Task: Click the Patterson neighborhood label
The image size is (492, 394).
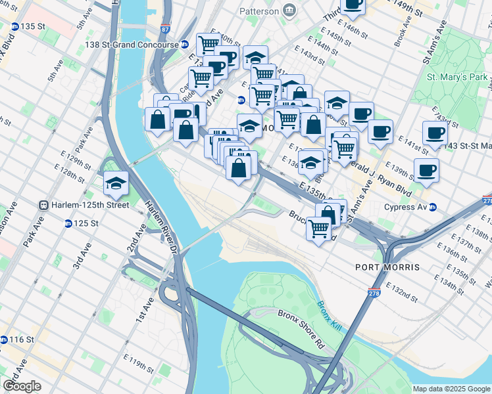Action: [x=259, y=11]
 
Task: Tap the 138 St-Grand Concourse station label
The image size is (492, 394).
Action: [x=136, y=45]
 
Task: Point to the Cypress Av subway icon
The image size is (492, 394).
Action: [x=433, y=208]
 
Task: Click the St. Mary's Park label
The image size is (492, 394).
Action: [x=458, y=77]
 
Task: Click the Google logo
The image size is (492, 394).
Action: [x=22, y=386]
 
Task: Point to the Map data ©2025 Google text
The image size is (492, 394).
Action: [x=451, y=389]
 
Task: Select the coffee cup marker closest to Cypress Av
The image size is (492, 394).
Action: [x=426, y=171]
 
